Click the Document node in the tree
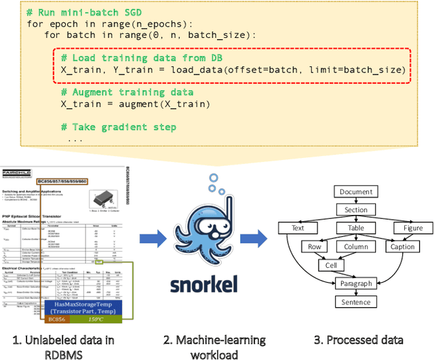click(x=356, y=192)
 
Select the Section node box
click(x=356, y=210)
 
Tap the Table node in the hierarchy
click(x=356, y=228)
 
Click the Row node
click(x=314, y=247)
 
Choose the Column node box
click(x=356, y=247)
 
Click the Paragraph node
click(x=356, y=283)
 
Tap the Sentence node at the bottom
click(x=356, y=302)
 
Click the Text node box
click(x=298, y=228)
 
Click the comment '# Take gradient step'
click(x=119, y=127)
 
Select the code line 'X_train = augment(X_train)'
click(x=136, y=104)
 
